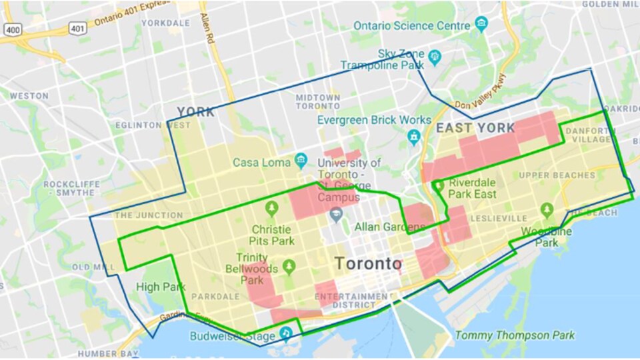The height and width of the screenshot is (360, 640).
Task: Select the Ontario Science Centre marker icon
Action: pyautogui.click(x=481, y=25)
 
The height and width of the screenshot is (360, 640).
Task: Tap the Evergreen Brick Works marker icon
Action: pyautogui.click(x=414, y=137)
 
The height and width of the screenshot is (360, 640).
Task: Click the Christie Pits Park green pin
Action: pyautogui.click(x=271, y=209)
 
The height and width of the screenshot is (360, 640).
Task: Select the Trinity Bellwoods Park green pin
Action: pyautogui.click(x=289, y=267)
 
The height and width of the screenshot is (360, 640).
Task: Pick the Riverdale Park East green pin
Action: pyautogui.click(x=439, y=185)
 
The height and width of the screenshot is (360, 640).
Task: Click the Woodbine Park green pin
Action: pyautogui.click(x=547, y=211)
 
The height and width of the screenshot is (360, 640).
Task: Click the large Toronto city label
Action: pyautogui.click(x=368, y=263)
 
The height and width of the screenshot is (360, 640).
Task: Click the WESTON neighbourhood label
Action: pyautogui.click(x=29, y=96)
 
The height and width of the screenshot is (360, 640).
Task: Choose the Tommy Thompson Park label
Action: pyautogui.click(x=514, y=335)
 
